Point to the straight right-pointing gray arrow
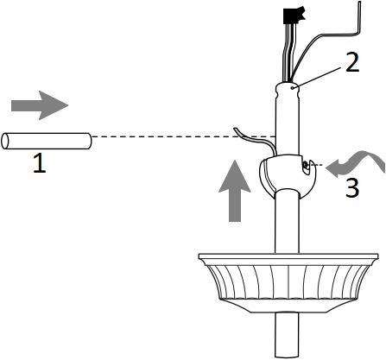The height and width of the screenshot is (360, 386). tap(39, 105)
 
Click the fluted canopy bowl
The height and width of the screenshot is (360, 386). tap(288, 283)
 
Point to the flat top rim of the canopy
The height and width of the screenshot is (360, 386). tap(288, 256)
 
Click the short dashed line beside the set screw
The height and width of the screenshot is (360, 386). tap(318, 163)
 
